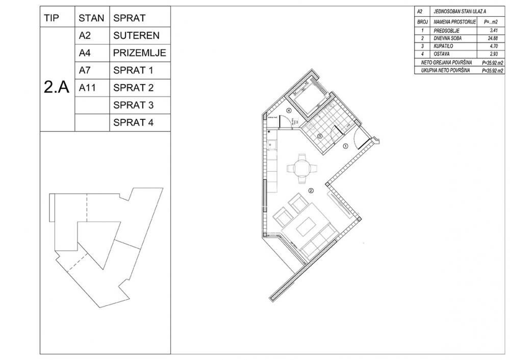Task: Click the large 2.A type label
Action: (57, 87)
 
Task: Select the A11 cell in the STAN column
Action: (88, 88)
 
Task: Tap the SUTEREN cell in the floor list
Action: (136, 36)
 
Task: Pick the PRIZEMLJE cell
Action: (139, 53)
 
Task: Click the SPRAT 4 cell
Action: (133, 122)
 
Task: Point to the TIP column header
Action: (52, 18)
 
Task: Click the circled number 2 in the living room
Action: (310, 191)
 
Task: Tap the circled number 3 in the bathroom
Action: (320, 136)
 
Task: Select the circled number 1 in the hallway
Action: (345, 146)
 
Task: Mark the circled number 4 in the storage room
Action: (288, 110)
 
